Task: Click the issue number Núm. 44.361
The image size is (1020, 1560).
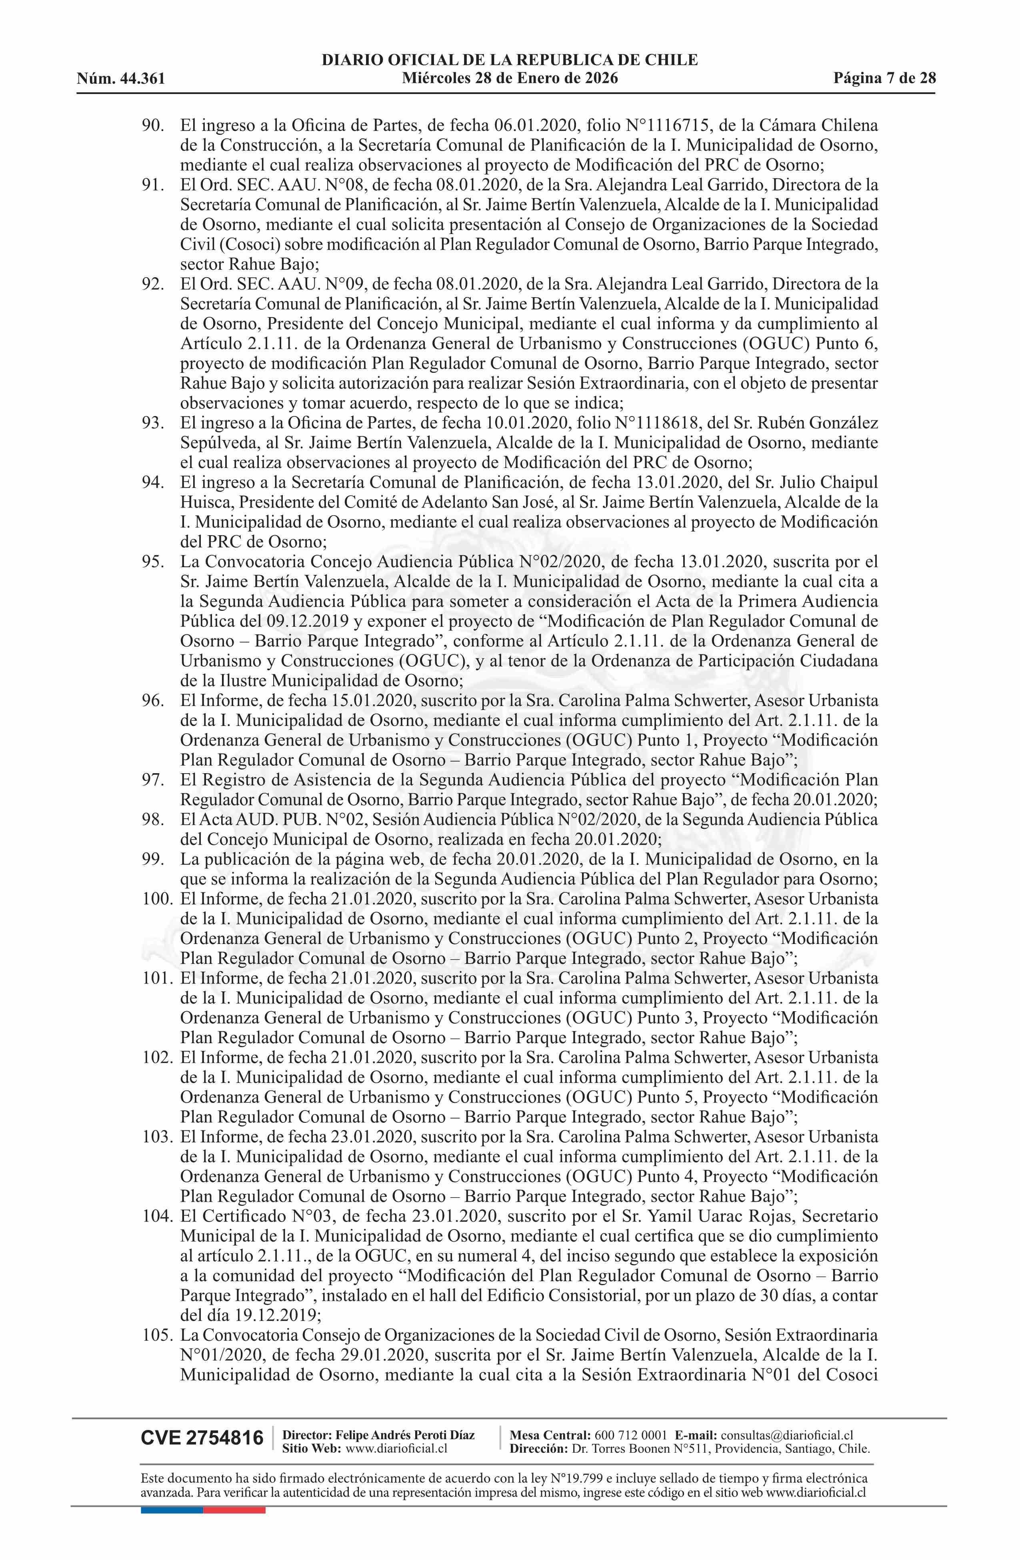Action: [x=121, y=79]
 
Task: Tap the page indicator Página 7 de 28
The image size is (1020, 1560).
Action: [x=884, y=79]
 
